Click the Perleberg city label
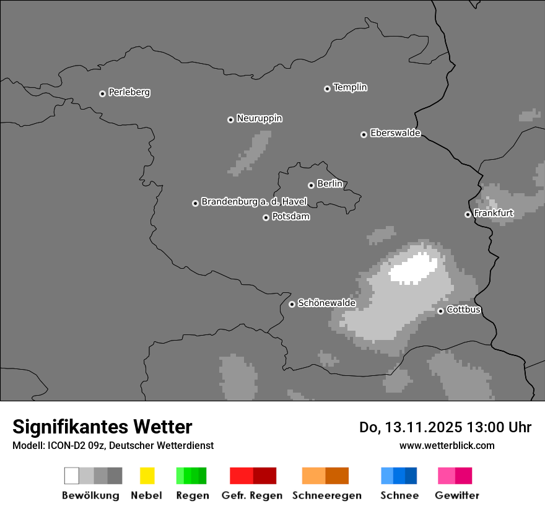129,92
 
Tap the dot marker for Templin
327,89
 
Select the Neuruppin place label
259,118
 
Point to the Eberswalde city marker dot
364,134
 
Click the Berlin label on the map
329,184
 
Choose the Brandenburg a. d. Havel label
254,202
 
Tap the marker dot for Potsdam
266,217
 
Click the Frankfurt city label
493,213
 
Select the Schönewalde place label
326,303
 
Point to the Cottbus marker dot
440,311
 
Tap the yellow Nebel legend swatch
147,476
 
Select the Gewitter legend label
456,495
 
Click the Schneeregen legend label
326,495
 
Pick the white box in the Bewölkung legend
72,476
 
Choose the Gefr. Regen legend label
251,495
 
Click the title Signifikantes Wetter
102,427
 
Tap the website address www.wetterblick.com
447,445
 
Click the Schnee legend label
399,495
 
